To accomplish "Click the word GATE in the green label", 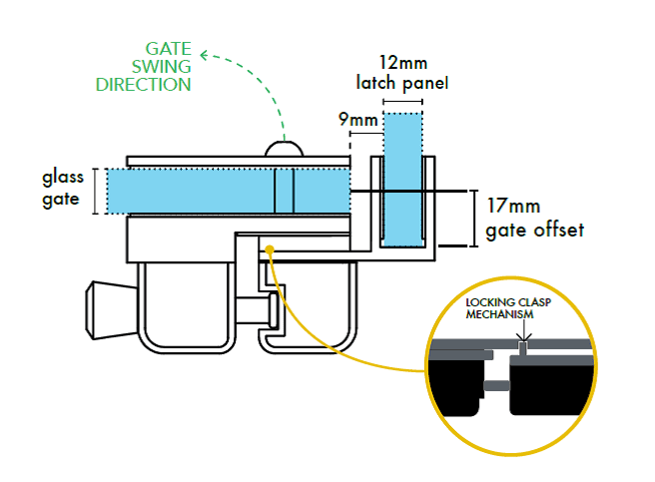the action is point(168,49).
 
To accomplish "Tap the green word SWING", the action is point(161,67).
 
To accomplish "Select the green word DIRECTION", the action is point(144,85).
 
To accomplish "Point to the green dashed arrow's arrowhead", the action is point(204,55).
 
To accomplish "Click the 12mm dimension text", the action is point(403,63).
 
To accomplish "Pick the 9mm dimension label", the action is point(358,120).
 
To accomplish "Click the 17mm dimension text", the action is point(513,206).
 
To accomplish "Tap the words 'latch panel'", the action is point(402,83).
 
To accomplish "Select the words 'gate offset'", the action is point(535,231).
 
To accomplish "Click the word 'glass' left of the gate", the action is point(63,178).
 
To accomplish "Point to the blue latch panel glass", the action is point(402,180).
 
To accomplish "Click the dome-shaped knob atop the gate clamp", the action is point(284,149).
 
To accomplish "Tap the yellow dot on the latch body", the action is point(270,249).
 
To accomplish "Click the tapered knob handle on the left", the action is point(111,310).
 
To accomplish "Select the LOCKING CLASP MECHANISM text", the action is point(508,308).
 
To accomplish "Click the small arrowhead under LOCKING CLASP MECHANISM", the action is point(523,336).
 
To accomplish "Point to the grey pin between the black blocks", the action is point(496,385).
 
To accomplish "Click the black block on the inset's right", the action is point(551,385).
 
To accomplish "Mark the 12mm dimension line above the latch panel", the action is point(402,101).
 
